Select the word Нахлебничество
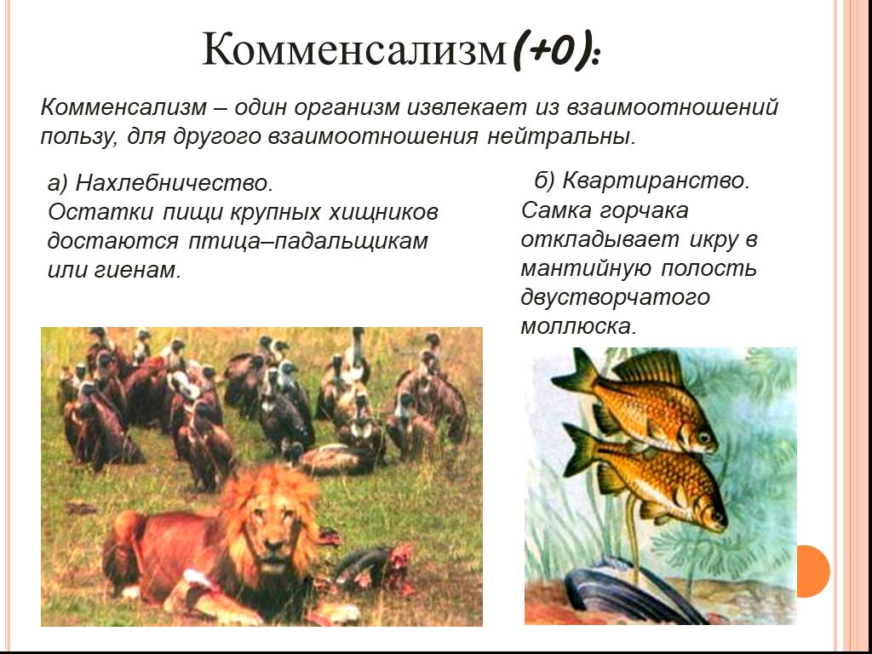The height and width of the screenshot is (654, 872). pos(174,182)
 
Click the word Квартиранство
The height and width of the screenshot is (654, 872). pos(657,181)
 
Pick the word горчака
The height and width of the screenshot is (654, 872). pos(644,211)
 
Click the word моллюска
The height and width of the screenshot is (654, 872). pos(578,326)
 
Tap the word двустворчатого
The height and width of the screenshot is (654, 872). pos(615,297)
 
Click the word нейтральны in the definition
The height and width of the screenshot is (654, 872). pos(560,136)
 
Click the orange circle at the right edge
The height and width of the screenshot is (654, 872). pos(813,571)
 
